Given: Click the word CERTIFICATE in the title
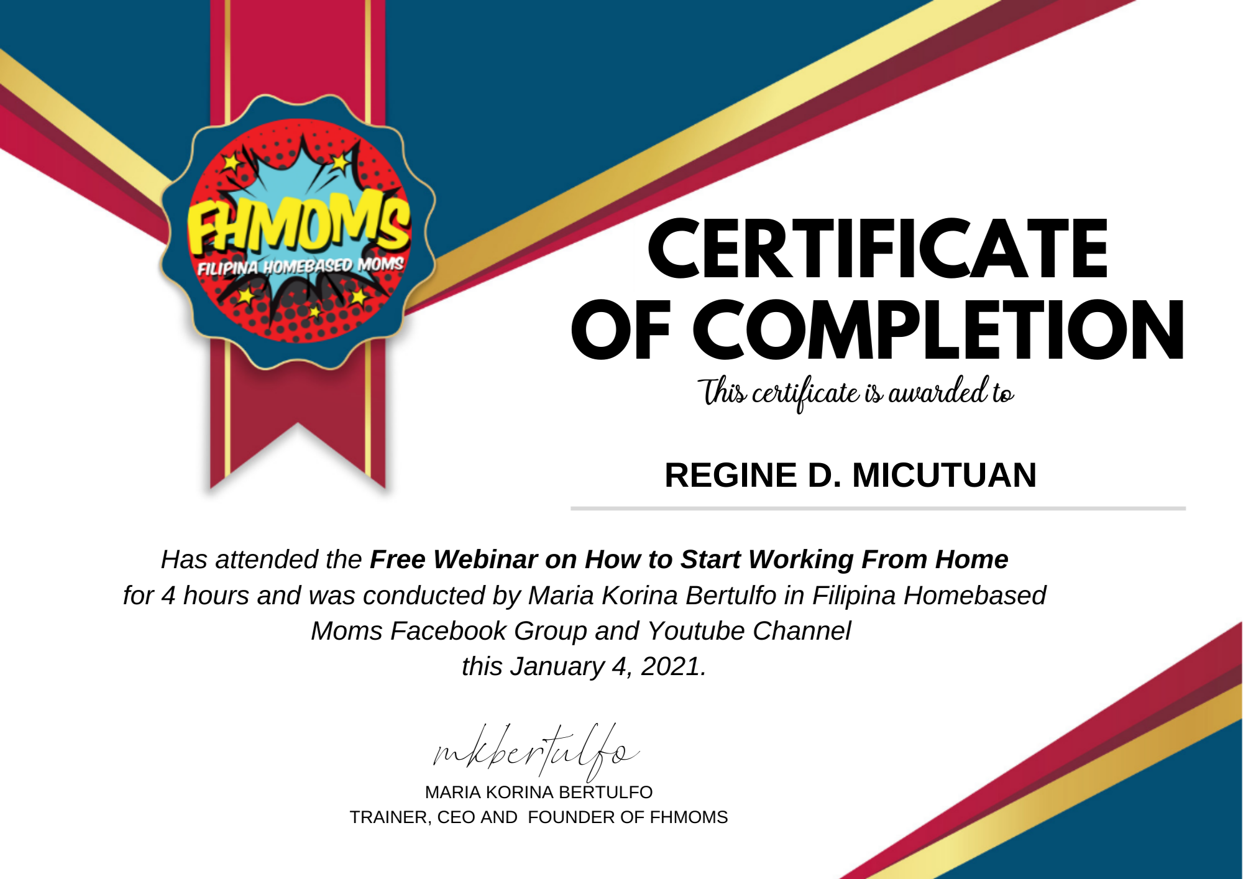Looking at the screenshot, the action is point(878,249).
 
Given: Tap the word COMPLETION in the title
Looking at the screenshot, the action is point(938,329).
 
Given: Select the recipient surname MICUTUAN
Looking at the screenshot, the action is point(944,476).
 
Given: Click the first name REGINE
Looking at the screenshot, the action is point(731,476).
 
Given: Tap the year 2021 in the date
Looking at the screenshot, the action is point(670,666).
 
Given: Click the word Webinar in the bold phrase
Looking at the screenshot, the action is point(485,559).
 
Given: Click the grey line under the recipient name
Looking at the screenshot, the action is point(878,509).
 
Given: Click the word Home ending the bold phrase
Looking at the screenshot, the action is point(972,559).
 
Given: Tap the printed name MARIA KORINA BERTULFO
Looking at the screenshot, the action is point(539,792).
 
